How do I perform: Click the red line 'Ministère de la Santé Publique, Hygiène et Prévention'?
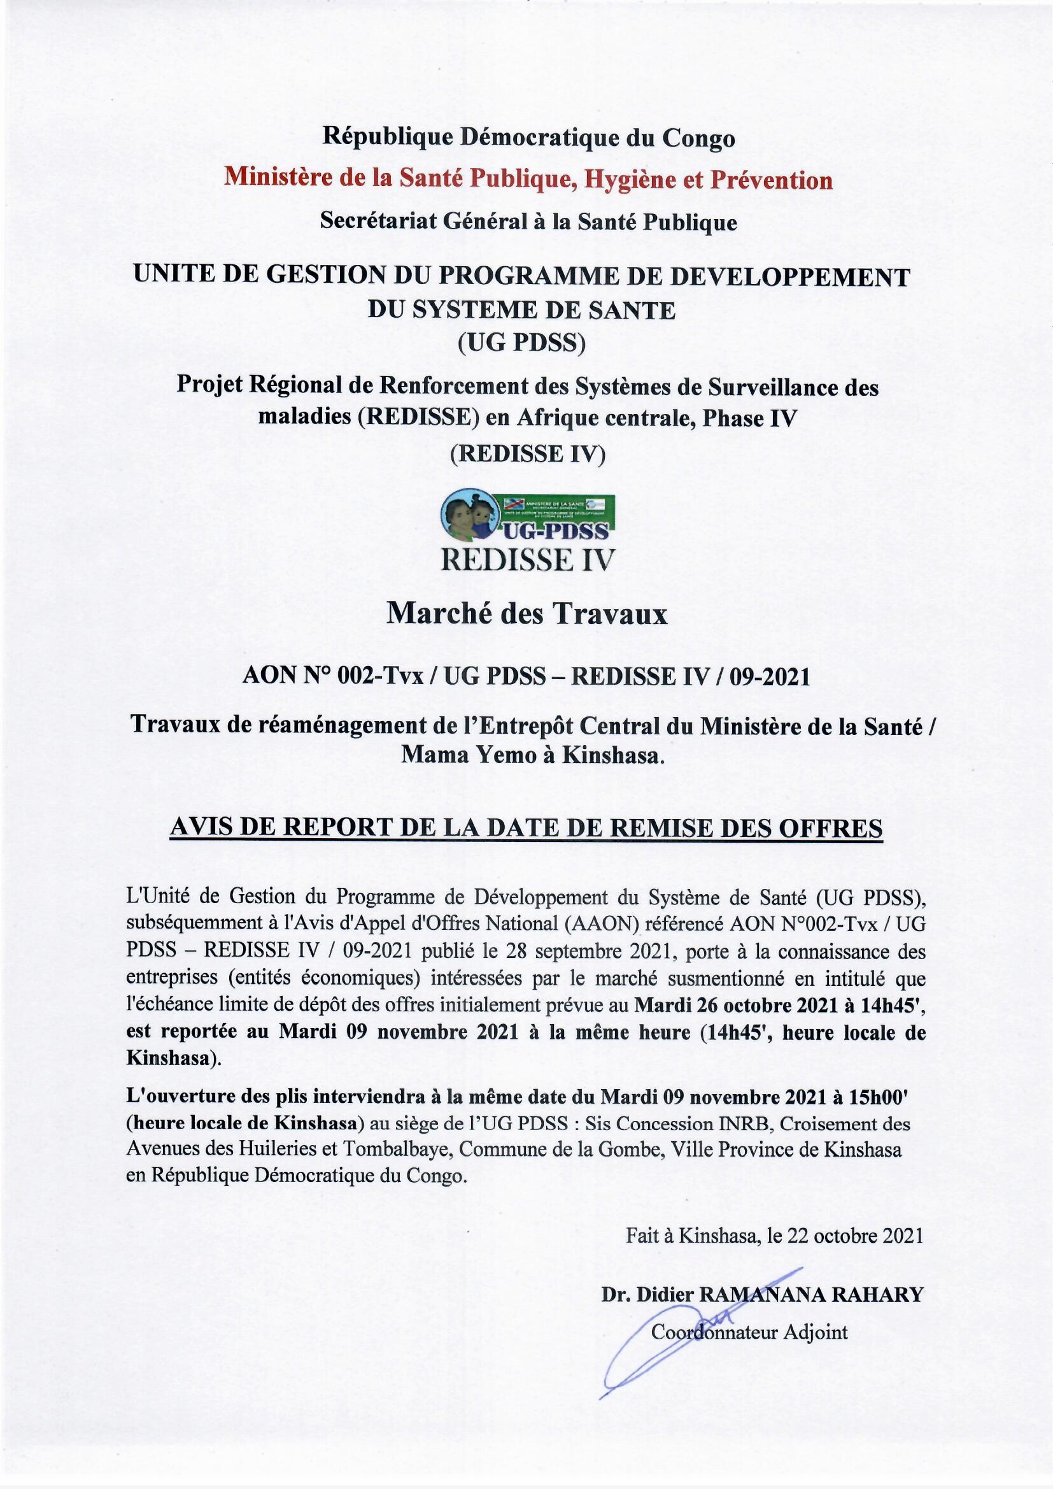528,180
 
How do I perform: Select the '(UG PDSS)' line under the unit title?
522,343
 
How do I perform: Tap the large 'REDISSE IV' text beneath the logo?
526,559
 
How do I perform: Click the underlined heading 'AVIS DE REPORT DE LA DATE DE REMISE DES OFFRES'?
526,828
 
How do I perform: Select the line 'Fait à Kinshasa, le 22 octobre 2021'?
774,1236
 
